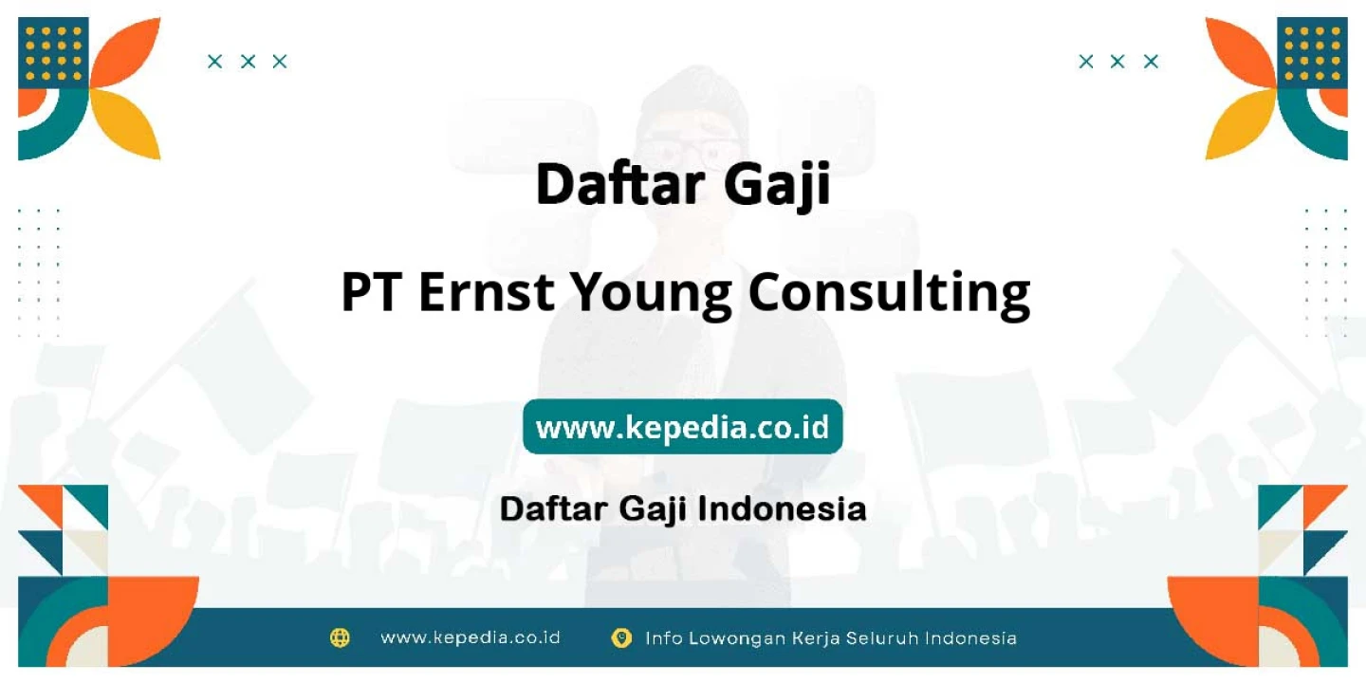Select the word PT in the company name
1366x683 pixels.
click(371, 292)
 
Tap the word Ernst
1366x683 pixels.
click(486, 292)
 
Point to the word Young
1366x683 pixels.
click(651, 295)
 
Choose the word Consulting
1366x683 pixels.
click(889, 294)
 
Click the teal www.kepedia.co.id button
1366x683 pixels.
click(682, 426)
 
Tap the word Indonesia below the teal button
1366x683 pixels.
click(782, 508)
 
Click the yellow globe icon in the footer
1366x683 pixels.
click(340, 637)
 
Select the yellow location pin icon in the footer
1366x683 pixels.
click(621, 637)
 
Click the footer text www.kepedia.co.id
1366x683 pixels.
click(471, 637)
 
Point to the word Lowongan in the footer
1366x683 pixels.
click(737, 638)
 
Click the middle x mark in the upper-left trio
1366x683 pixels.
click(248, 62)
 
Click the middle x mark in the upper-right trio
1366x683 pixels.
click(1117, 62)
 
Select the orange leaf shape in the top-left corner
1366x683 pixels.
click(127, 52)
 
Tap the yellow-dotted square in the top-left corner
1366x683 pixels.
click(54, 53)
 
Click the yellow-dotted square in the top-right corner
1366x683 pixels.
click(1312, 53)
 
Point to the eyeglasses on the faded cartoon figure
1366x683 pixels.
click(691, 151)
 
